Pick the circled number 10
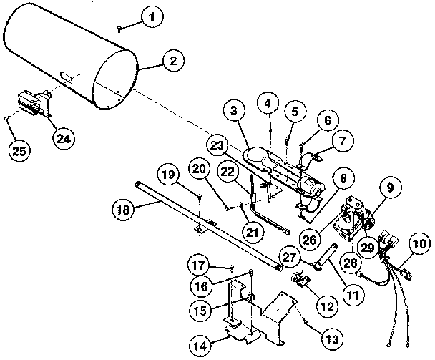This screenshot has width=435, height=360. [419, 244]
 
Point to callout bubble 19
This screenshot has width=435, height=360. [167, 175]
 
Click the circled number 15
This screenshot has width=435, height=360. [202, 310]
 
